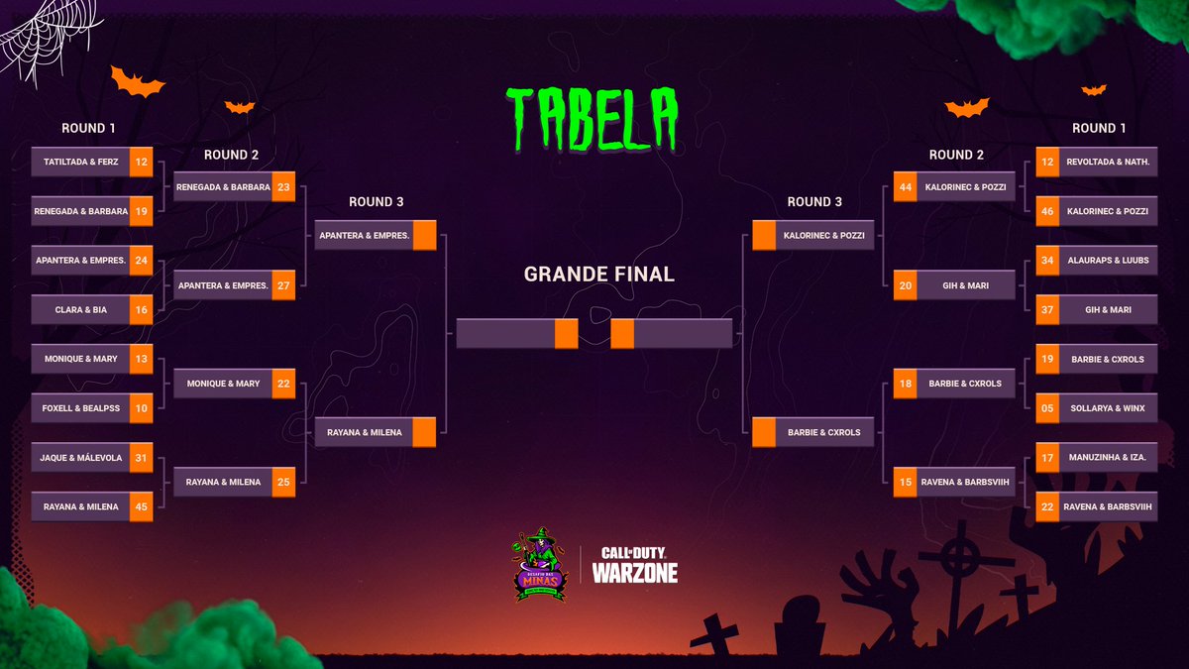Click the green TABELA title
point(593,116)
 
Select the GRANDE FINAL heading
point(598,274)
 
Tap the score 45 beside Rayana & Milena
point(141,506)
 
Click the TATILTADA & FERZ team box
point(81,162)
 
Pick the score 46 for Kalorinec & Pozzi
point(1048,211)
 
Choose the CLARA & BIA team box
point(81,309)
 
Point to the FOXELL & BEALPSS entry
point(81,407)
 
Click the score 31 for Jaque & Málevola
point(141,458)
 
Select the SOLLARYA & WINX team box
point(1108,407)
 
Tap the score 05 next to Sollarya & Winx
point(1048,407)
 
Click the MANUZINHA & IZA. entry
point(1108,458)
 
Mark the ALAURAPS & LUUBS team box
point(1108,261)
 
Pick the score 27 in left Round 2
point(283,285)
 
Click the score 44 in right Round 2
point(905,186)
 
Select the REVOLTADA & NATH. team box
point(1108,162)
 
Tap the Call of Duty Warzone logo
point(634,565)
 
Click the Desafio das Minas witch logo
point(541,565)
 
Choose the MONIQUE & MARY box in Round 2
point(222,384)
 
